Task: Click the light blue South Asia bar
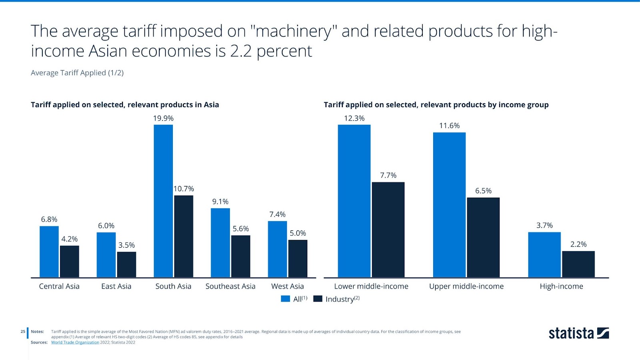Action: [x=163, y=201]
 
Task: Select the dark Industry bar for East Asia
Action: [x=126, y=264]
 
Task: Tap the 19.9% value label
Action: [x=163, y=118]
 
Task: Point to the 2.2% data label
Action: [x=578, y=244]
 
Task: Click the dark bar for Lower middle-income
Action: [x=388, y=230]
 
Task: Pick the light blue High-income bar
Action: [x=544, y=254]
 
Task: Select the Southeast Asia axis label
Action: [x=230, y=286]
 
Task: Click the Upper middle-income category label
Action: [x=466, y=286]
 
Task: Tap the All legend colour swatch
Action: [x=286, y=299]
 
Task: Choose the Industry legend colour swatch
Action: [x=318, y=299]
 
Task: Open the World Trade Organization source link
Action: [x=75, y=342]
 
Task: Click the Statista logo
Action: [x=578, y=333]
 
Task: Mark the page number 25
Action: [x=23, y=332]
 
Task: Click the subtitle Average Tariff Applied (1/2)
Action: [x=77, y=73]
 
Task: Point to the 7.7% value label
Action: [x=388, y=176]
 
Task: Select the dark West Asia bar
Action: [x=298, y=258]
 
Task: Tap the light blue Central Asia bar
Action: [x=49, y=252]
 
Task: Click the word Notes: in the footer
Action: [x=37, y=332]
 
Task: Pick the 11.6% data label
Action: [x=449, y=126]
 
